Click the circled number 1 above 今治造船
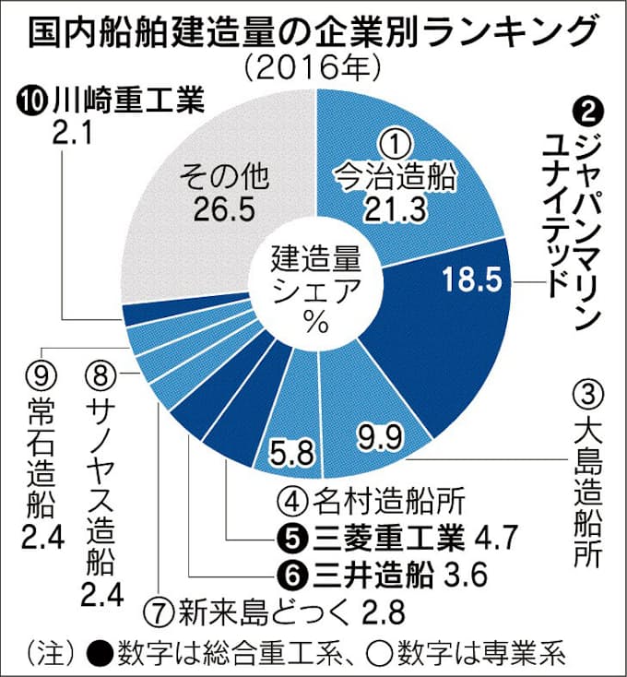[x=394, y=143]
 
